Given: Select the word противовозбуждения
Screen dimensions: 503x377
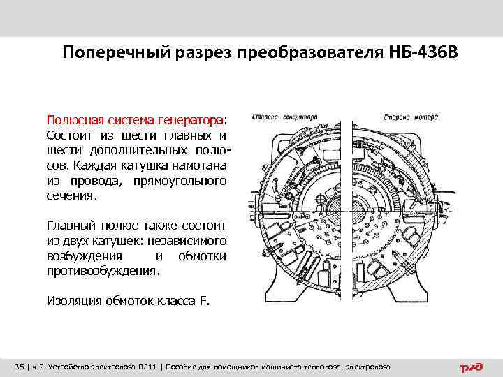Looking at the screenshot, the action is [103, 272].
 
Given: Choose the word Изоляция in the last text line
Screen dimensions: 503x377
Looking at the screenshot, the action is [73, 302].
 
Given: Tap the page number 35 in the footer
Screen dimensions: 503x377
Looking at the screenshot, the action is [19, 367].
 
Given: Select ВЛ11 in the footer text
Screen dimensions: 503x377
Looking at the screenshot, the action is [147, 367].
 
